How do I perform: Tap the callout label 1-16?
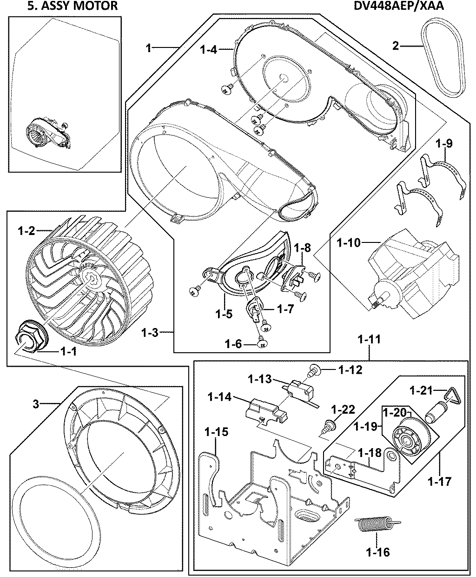point(377,552)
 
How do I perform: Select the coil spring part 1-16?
point(377,526)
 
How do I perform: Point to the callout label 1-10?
point(349,242)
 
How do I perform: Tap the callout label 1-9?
point(444,144)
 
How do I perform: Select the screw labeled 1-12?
point(314,370)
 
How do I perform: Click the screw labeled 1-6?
point(262,343)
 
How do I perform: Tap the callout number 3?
point(36,404)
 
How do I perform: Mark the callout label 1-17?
point(439,481)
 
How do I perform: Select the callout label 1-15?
point(216,432)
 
